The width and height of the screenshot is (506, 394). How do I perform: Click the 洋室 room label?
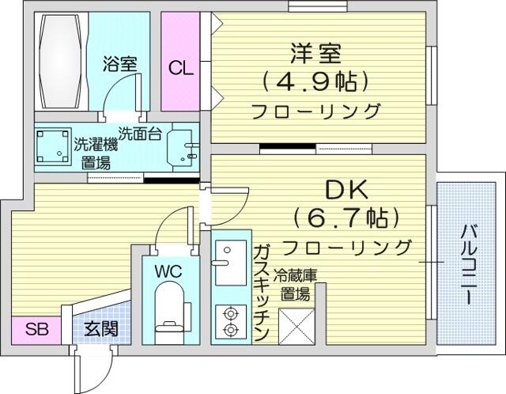(315, 54)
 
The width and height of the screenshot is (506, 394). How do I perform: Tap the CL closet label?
(181, 68)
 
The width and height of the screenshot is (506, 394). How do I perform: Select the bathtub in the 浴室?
(60, 62)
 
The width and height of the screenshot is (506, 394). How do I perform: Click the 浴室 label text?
(120, 64)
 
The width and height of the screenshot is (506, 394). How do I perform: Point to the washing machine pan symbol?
(53, 147)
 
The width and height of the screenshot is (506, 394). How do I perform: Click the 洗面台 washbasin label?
(140, 133)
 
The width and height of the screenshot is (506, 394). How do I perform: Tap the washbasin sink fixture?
(183, 147)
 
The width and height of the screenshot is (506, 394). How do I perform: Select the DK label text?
(347, 190)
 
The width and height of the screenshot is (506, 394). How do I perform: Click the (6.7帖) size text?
(346, 218)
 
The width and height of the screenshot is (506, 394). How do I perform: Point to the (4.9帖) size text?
(315, 81)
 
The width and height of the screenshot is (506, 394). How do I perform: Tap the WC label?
(168, 271)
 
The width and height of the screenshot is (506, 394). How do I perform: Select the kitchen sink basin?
(230, 263)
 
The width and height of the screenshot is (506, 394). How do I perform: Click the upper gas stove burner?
(230, 313)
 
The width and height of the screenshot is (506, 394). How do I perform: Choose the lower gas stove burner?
(230, 330)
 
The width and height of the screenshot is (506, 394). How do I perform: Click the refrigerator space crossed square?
(296, 326)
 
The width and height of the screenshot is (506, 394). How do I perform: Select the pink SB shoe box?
(36, 331)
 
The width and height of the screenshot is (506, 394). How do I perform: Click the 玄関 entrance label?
(101, 329)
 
